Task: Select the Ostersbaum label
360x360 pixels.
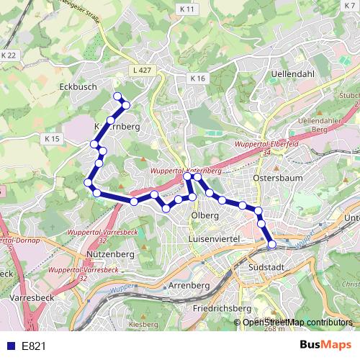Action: point(278,177)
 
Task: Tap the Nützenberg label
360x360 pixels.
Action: point(109,254)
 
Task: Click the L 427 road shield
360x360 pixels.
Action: point(141,70)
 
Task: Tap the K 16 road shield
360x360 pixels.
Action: point(199,78)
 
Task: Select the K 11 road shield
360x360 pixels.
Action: point(188,9)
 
